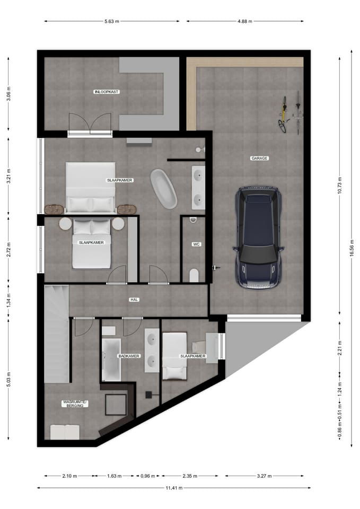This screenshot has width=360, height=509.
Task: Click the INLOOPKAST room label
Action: pyautogui.click(x=107, y=92)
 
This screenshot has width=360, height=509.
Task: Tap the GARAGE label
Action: pyautogui.click(x=259, y=159)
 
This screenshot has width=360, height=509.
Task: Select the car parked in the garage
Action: pyautogui.click(x=258, y=238)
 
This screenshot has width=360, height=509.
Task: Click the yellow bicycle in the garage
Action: pyautogui.click(x=283, y=115)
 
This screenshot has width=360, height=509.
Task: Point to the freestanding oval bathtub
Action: pyautogui.click(x=164, y=189)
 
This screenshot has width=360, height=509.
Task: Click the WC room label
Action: pyautogui.click(x=196, y=244)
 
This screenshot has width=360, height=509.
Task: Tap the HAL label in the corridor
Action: pyautogui.click(x=134, y=300)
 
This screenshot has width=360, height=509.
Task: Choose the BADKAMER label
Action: pyautogui.click(x=129, y=356)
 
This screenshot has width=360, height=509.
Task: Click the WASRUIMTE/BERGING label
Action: pyautogui.click(x=75, y=403)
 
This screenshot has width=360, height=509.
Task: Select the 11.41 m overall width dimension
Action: pyautogui.click(x=174, y=488)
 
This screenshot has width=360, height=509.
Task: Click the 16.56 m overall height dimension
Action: pyautogui.click(x=352, y=248)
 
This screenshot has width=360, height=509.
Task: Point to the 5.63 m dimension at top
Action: pyautogui.click(x=112, y=21)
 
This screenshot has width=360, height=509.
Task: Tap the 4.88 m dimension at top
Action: pyautogui.click(x=245, y=21)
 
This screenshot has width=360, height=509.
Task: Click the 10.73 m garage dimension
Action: pyautogui.click(x=340, y=186)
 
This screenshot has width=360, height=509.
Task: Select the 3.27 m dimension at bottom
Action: pyautogui.click(x=264, y=476)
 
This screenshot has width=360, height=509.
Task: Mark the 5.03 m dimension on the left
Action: pyautogui.click(x=9, y=379)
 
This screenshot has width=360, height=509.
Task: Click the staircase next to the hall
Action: pyautogui.click(x=57, y=334)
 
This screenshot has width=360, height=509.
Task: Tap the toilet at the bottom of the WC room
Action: pyautogui.click(x=194, y=276)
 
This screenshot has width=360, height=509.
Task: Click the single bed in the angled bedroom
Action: pyautogui.click(x=174, y=356)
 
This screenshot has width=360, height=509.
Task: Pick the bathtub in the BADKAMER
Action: pyautogui.click(x=111, y=359)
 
